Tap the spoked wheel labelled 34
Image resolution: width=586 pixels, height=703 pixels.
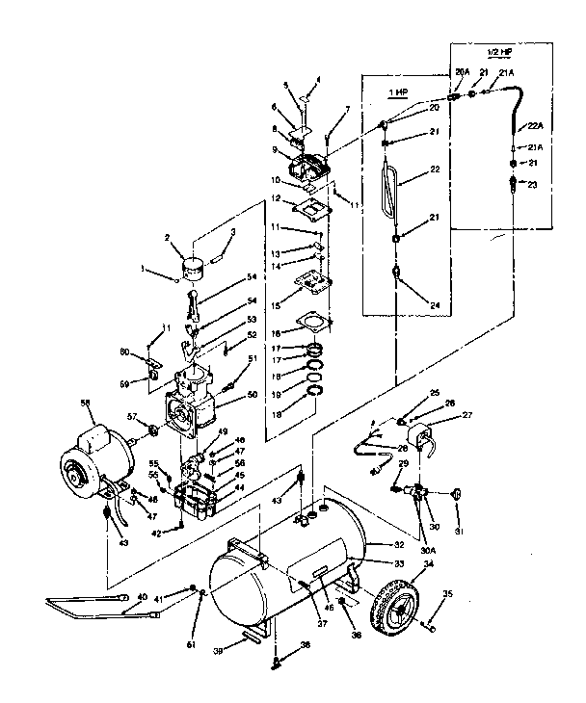point(398,599)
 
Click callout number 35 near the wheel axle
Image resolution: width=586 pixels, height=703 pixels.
point(447,594)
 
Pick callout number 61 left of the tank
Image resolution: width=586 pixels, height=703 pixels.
point(191,643)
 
